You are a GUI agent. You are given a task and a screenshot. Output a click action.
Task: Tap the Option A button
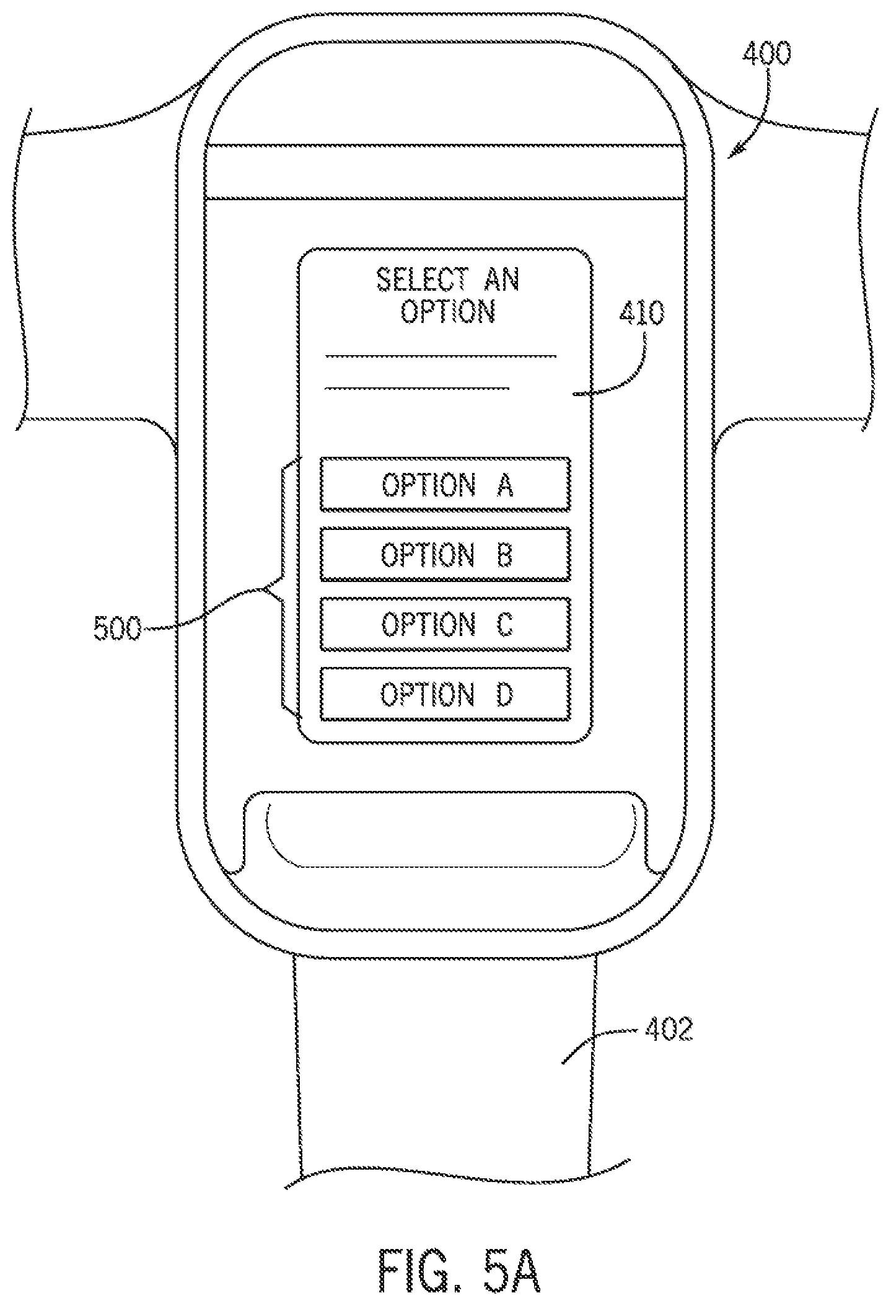click(x=445, y=484)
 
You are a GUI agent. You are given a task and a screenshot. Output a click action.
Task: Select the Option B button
click(x=445, y=554)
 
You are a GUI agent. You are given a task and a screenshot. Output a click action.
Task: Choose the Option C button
click(x=445, y=624)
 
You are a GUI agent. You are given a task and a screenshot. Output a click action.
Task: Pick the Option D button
click(x=445, y=694)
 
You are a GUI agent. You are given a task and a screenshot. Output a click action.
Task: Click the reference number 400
click(x=767, y=56)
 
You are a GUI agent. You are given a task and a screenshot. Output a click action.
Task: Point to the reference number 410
click(x=641, y=314)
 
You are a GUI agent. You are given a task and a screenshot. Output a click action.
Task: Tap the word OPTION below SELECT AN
click(x=448, y=311)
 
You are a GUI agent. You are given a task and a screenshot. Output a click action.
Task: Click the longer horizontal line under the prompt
click(x=441, y=356)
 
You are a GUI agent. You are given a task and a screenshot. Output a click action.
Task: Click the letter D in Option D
click(x=504, y=694)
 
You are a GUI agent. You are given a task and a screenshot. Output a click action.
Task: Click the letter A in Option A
click(x=504, y=484)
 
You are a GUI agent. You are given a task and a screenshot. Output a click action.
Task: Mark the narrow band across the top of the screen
click(x=445, y=172)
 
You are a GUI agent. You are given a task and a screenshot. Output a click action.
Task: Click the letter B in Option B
click(x=504, y=554)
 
